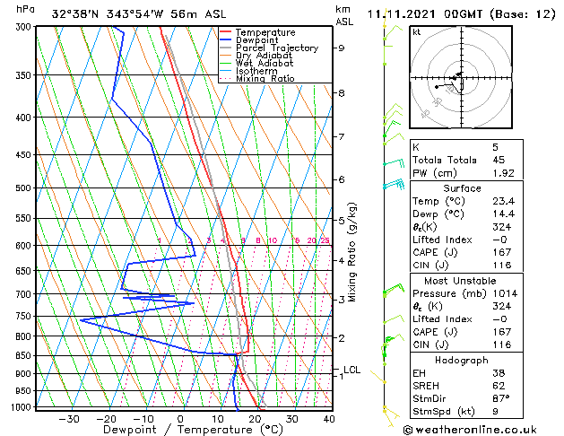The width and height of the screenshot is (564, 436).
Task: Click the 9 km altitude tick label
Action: pos(342,48)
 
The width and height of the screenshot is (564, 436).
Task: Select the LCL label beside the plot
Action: pos(351,370)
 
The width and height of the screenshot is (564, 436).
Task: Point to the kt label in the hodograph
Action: pos(417,31)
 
